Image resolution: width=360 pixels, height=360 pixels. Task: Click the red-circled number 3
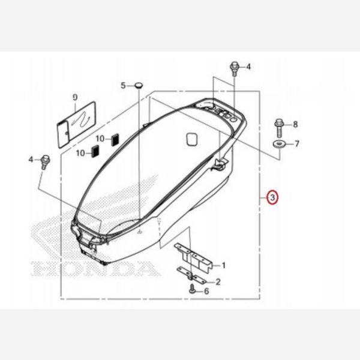click(x=272, y=197)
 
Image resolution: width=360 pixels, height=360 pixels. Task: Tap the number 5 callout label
click(x=123, y=86)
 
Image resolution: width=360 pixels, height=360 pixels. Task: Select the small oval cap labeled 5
click(x=138, y=86)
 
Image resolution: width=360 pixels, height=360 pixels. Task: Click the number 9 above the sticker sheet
click(x=75, y=97)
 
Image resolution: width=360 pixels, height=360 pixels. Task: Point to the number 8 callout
click(x=295, y=124)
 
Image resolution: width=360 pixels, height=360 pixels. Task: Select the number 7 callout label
click(x=295, y=144)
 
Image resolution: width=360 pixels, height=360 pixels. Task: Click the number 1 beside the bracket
click(x=223, y=265)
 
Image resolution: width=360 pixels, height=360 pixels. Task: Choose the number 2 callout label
click(x=218, y=281)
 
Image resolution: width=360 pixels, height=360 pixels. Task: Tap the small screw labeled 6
click(x=192, y=290)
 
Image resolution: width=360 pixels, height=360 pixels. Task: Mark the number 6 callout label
click(x=206, y=291)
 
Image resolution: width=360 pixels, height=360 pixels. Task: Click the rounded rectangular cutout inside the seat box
click(x=192, y=139)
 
